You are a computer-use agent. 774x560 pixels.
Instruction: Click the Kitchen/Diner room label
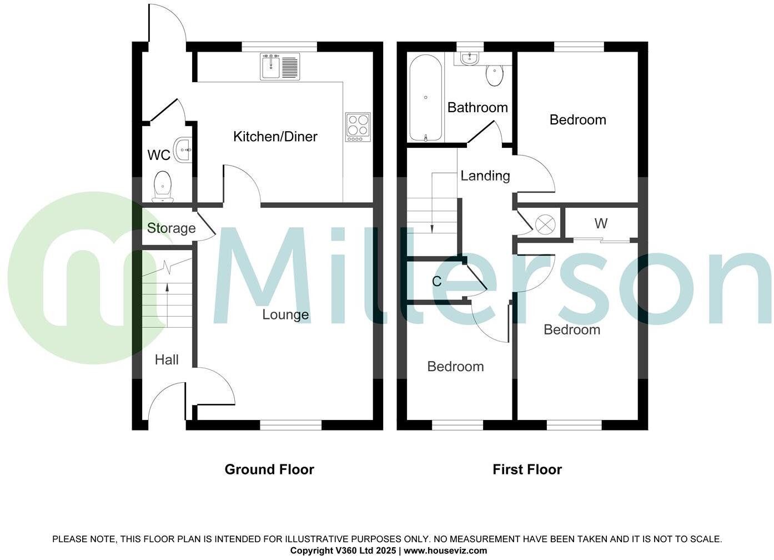pyautogui.click(x=275, y=137)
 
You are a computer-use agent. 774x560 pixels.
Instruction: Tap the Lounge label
pyautogui.click(x=285, y=315)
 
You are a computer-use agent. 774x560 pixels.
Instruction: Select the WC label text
pyautogui.click(x=159, y=155)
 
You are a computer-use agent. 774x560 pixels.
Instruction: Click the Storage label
pyautogui.click(x=171, y=228)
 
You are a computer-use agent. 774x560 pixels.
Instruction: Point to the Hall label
pyautogui.click(x=167, y=360)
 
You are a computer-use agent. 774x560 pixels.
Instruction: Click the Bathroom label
pyautogui.click(x=478, y=108)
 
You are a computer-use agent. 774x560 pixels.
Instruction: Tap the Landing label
pyautogui.click(x=485, y=176)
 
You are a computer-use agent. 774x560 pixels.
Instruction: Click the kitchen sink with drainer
pyautogui.click(x=279, y=66)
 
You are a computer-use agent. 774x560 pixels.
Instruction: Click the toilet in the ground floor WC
pyautogui.click(x=162, y=186)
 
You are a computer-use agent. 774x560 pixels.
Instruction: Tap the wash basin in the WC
pyautogui.click(x=183, y=149)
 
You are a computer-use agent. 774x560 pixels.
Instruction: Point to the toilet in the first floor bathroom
pyautogui.click(x=494, y=75)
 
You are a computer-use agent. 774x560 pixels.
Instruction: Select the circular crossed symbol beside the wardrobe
pyautogui.click(x=545, y=224)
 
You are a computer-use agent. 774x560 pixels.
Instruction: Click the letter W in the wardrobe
pyautogui.click(x=601, y=224)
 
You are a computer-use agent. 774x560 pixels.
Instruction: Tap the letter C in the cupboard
pyautogui.click(x=437, y=282)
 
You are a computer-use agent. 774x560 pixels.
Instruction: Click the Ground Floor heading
pyautogui.click(x=269, y=470)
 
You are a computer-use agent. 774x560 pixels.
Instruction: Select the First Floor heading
pyautogui.click(x=527, y=470)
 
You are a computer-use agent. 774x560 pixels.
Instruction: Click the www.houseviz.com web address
pyautogui.click(x=445, y=551)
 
